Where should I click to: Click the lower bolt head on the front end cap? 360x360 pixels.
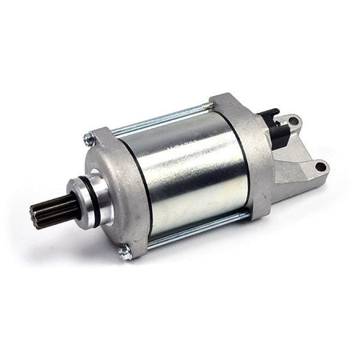coord(125,253)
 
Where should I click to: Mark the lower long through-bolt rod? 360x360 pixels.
coord(200,229)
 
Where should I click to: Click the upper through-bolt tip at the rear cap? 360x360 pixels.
coord(209,105)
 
